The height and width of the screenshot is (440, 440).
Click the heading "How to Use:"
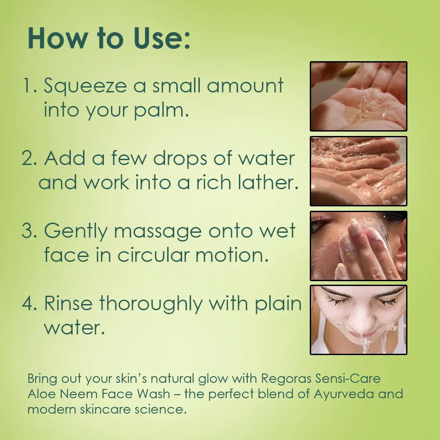(x=109, y=38)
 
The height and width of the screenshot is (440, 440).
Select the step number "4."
(x=29, y=304)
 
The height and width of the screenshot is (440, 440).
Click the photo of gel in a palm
(x=358, y=96)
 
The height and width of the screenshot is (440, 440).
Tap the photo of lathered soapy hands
(x=358, y=171)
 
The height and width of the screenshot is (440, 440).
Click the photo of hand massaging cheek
(x=358, y=246)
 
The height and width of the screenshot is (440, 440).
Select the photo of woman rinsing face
(x=358, y=320)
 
